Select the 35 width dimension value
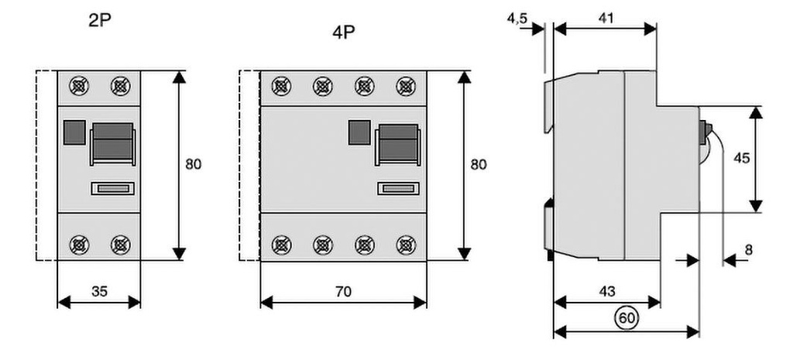pyautogui.click(x=99, y=292)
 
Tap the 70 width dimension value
pyautogui.click(x=343, y=292)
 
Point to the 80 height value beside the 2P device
pyautogui.click(x=194, y=164)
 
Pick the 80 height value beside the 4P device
pyautogui.click(x=479, y=164)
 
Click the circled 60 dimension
pyautogui.click(x=627, y=316)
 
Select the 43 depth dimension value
pyautogui.click(x=607, y=292)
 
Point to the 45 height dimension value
pyautogui.click(x=741, y=159)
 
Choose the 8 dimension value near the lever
pyautogui.click(x=747, y=250)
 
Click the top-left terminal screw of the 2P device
pyautogui.click(x=78, y=86)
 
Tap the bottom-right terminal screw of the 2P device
pyautogui.click(x=120, y=245)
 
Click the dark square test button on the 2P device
pyautogui.click(x=73, y=132)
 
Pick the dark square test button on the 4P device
pyautogui.click(x=359, y=132)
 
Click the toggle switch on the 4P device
pyautogui.click(x=398, y=143)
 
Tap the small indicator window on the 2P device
pyautogui.click(x=113, y=187)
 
